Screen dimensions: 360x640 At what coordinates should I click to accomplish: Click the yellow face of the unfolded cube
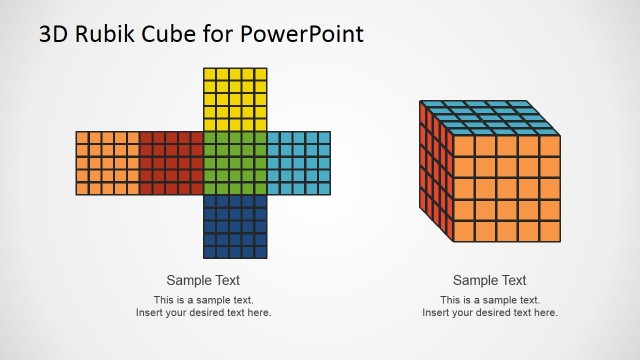235,99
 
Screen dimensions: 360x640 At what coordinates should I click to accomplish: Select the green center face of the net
235,162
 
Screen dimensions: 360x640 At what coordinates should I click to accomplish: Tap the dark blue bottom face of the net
235,226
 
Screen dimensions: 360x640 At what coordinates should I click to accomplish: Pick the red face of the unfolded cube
171,162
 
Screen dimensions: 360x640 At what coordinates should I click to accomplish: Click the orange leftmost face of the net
108,162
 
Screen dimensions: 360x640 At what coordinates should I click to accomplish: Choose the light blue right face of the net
299,162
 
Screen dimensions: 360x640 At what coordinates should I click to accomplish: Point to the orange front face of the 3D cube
506,188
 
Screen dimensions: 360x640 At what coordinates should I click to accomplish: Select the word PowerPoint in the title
302,34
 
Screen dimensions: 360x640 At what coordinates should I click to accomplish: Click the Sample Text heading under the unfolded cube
203,281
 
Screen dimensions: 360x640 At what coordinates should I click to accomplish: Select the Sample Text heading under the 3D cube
489,281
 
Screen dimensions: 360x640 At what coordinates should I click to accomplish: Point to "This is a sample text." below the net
203,300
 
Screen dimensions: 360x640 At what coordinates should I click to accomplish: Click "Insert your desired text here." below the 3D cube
489,313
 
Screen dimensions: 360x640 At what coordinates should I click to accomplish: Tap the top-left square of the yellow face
210,74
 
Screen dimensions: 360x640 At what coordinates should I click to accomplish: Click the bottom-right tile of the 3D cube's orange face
550,231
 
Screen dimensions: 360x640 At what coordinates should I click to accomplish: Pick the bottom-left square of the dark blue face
210,252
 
